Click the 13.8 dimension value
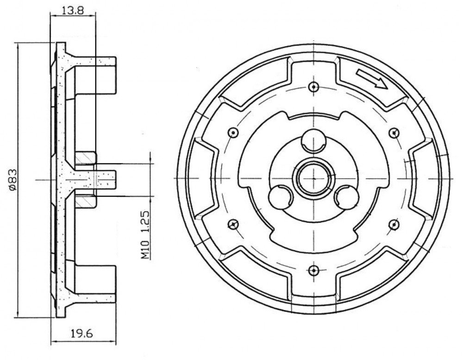tap(73, 10)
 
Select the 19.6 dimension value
tap(82, 334)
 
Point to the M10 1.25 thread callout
tap(144, 235)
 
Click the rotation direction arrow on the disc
tap(371, 79)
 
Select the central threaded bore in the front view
tap(313, 178)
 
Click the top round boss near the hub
tap(313, 141)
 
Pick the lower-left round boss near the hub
tap(280, 197)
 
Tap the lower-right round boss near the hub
tap(347, 197)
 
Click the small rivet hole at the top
tap(313, 87)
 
